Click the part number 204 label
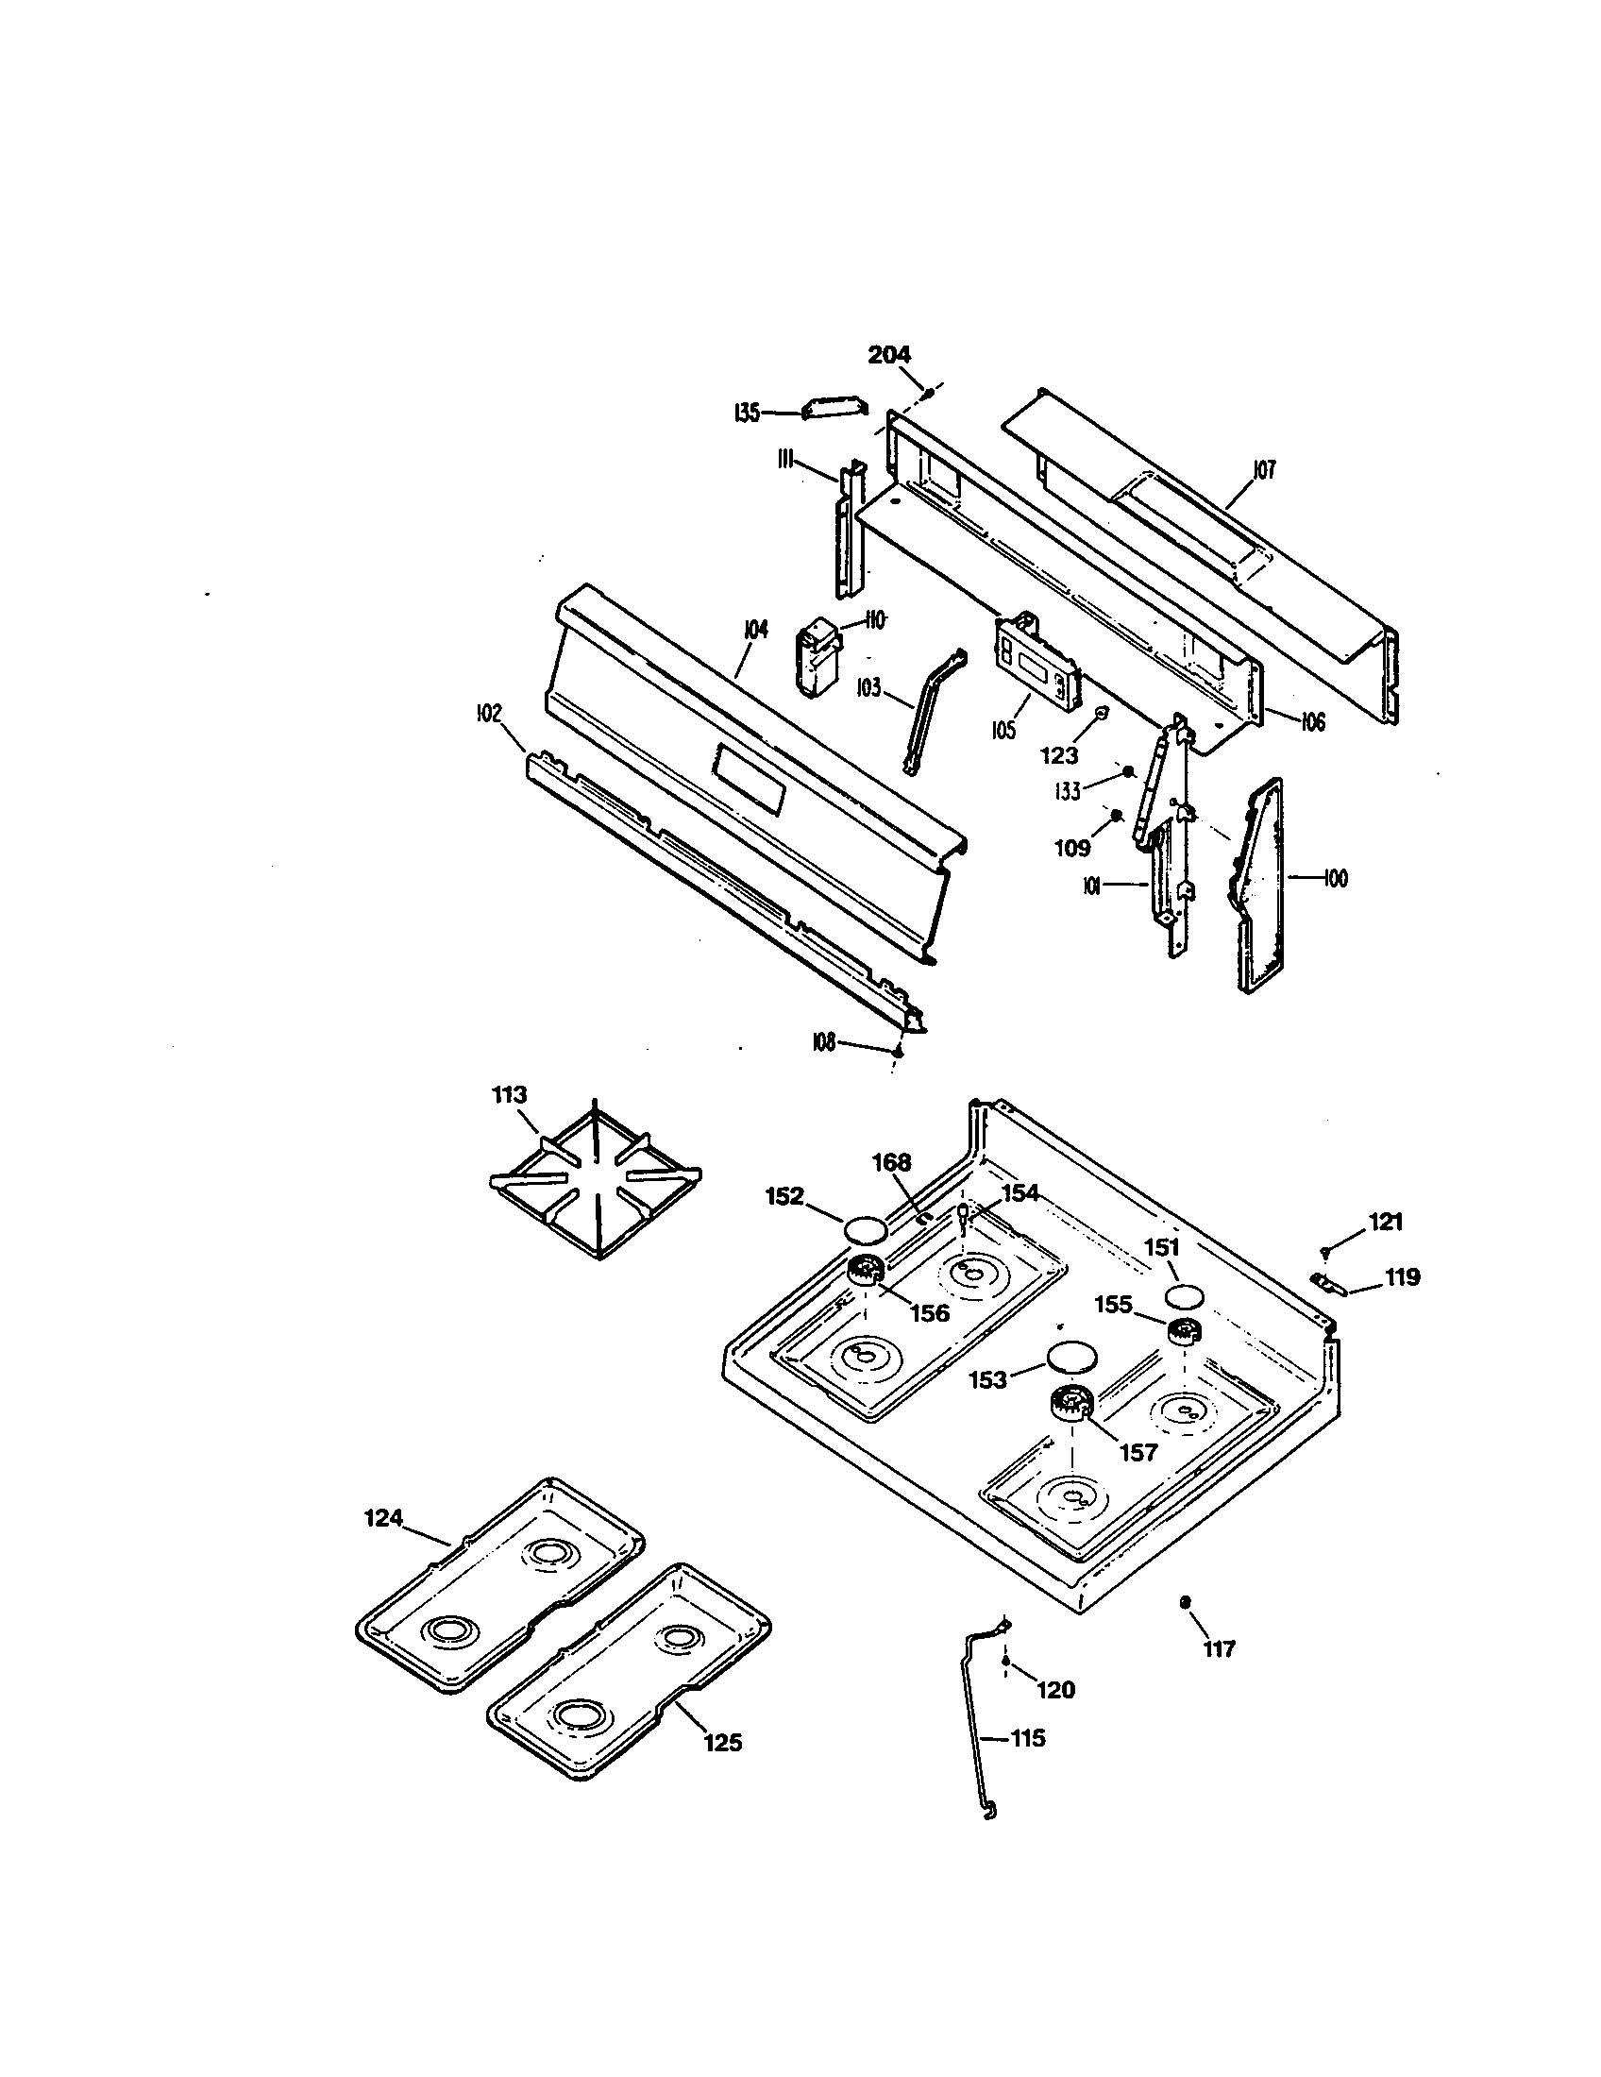pos(889,355)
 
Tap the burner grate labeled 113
pos(595,1182)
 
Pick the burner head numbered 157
pos(1071,1404)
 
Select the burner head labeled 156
pos(866,1269)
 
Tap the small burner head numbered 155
pos(1182,1333)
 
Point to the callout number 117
pos(1219,1649)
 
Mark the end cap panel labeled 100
pos(1260,885)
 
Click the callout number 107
pos(1263,470)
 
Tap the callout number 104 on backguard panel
pos(756,630)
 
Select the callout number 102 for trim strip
pos(488,715)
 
